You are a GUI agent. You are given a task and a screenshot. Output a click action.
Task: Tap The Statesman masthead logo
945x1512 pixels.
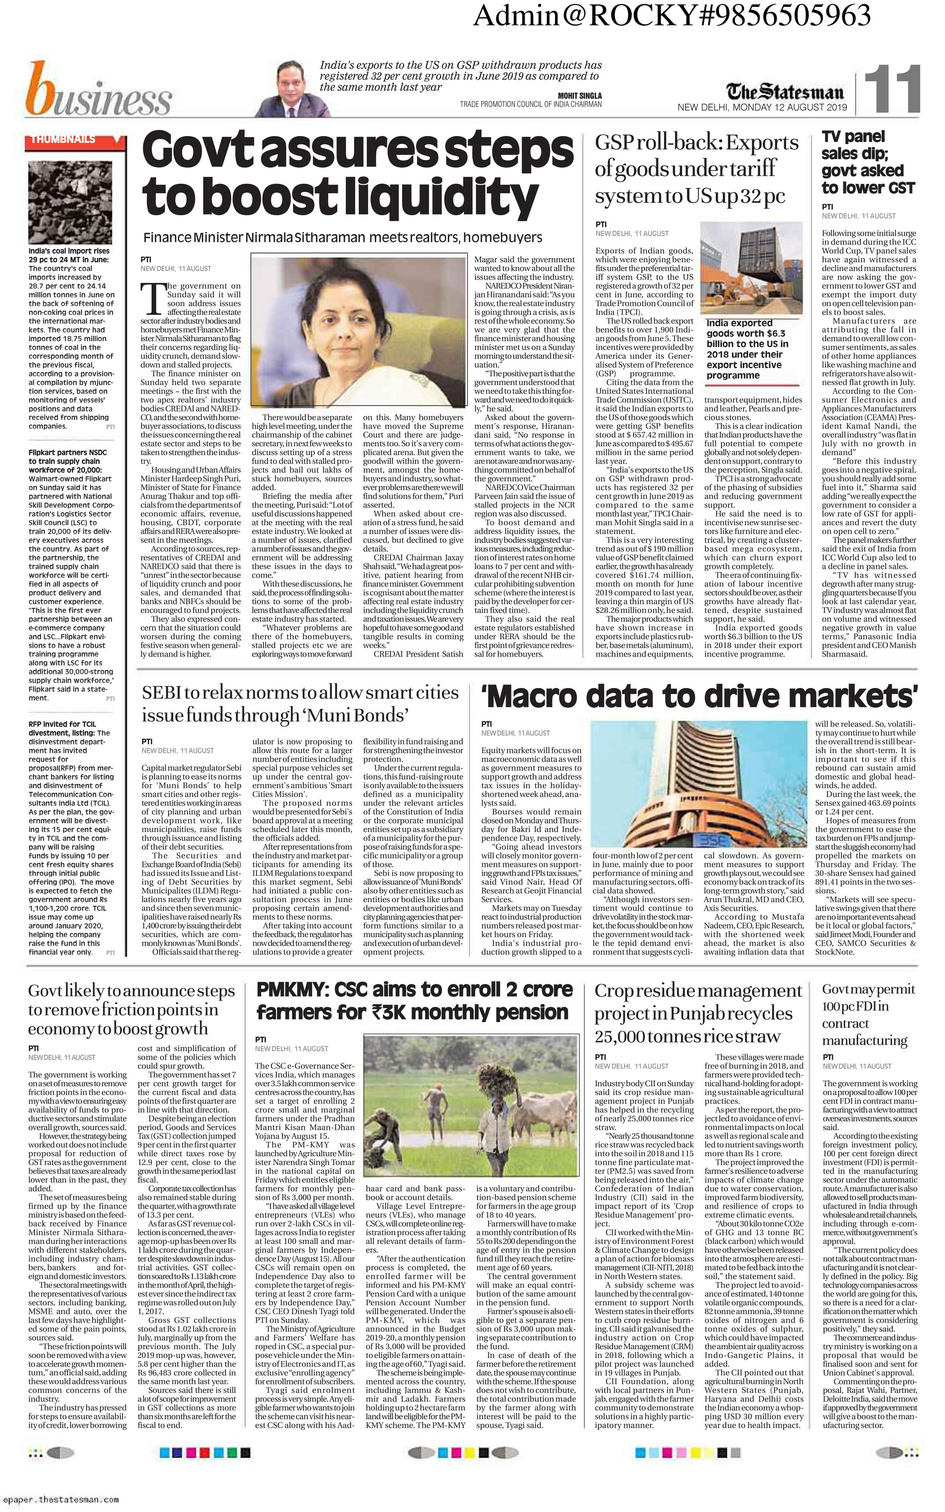786,91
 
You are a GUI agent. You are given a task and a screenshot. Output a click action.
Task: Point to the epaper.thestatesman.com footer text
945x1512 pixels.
62,1499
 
